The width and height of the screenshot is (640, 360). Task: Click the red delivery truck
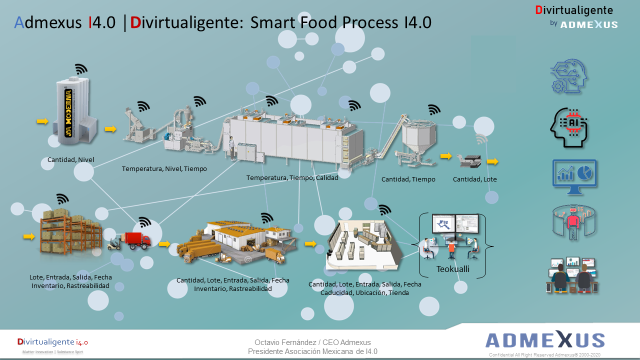pos(136,240)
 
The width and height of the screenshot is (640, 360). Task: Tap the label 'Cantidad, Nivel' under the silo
pos(71,160)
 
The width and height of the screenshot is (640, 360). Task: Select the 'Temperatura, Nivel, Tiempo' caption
pos(164,169)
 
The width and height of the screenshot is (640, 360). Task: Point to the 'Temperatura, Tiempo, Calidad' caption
pos(292,177)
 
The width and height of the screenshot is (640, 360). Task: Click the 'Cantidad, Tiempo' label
pos(408,179)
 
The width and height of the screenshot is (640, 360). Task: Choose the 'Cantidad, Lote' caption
pos(474,179)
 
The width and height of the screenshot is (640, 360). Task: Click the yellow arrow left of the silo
pos(42,121)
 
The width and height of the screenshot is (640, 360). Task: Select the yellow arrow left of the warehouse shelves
pos(29,236)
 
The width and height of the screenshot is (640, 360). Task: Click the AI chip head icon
pos(568,127)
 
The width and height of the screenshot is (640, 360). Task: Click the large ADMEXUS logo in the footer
pos(545,340)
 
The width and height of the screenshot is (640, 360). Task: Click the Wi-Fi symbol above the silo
pos(81,69)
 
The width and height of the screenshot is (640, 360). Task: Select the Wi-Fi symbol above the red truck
pos(144,222)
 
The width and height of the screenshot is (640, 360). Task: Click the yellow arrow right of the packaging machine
pos(492,161)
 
